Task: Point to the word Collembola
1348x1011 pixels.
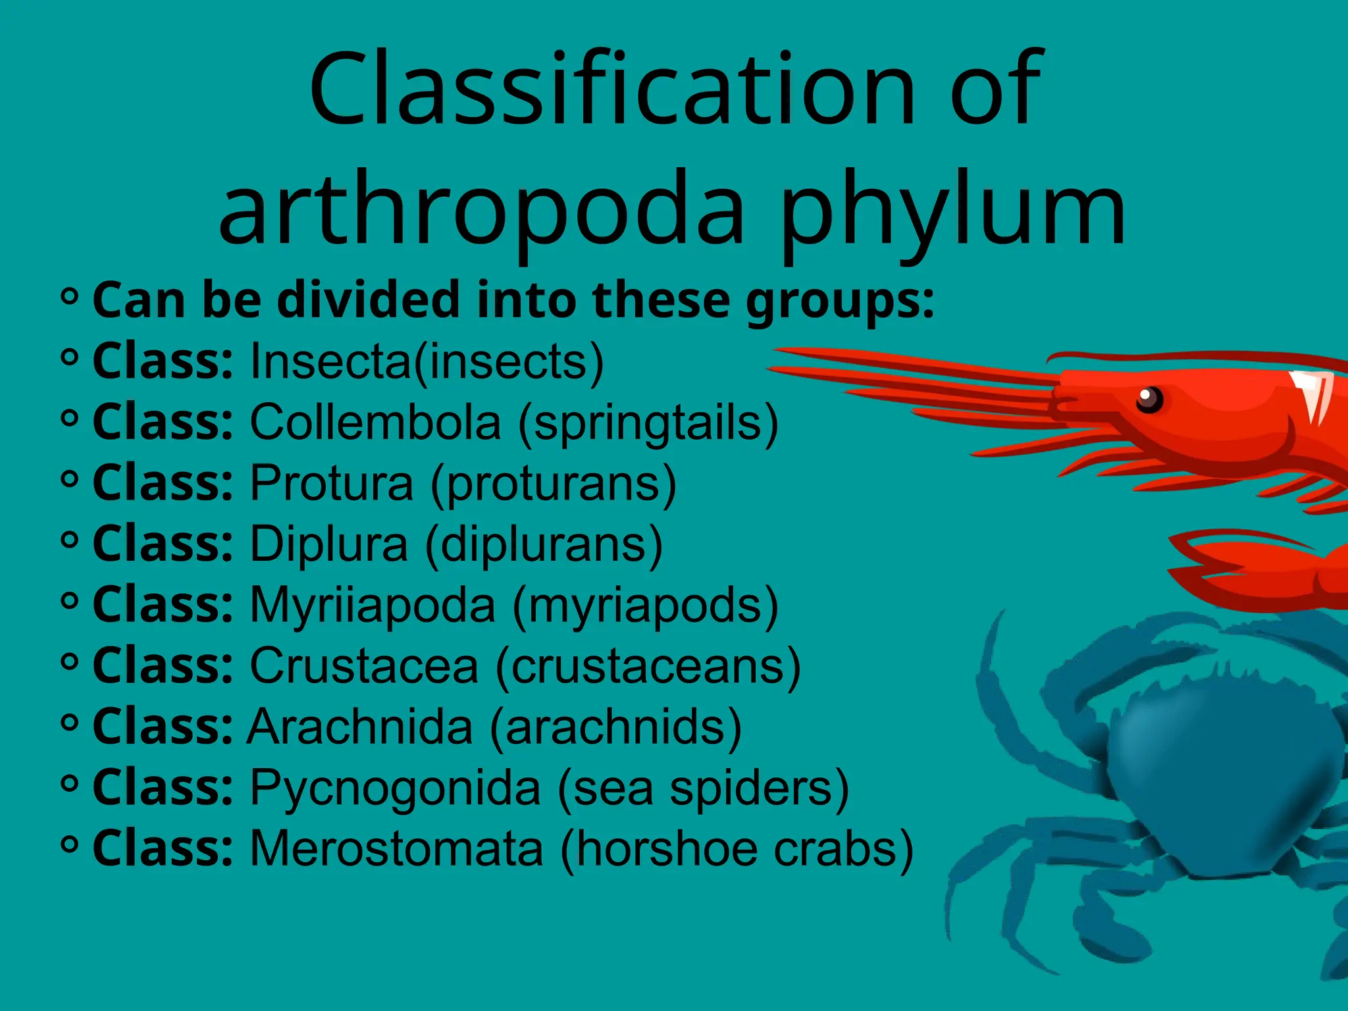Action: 375,422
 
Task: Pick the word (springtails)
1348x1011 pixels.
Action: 648,423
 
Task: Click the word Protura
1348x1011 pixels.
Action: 332,483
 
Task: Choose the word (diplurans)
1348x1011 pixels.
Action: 544,544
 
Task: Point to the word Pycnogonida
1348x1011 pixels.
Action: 395,788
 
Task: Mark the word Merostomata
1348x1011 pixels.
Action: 396,848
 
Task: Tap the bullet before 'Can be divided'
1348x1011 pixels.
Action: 69,297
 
